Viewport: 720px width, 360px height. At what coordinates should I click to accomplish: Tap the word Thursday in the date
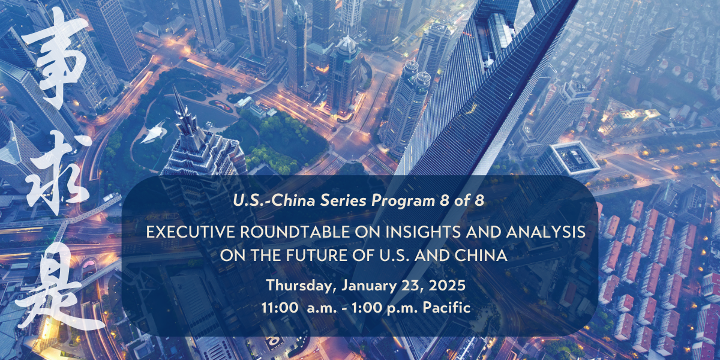[299, 286]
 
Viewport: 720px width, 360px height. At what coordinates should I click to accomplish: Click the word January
[369, 286]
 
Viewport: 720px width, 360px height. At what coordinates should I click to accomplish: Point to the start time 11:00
[280, 308]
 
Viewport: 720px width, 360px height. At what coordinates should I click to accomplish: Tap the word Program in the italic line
[403, 202]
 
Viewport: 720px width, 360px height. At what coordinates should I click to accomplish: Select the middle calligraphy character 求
[59, 173]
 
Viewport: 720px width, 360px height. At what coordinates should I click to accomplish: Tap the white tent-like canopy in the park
[154, 132]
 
